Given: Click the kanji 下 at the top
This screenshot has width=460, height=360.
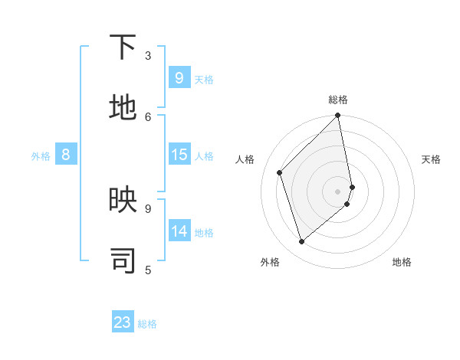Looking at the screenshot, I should tap(123, 48).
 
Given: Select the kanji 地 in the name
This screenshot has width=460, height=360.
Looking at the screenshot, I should tap(123, 109).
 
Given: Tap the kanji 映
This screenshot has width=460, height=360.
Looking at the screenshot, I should tap(123, 201).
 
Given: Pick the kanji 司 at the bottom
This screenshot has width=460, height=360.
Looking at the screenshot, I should tap(123, 261).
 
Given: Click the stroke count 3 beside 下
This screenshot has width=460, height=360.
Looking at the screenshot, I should tap(148, 55).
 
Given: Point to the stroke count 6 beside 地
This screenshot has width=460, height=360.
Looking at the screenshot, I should tap(148, 116).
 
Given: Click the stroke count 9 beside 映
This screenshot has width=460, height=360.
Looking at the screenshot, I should tap(148, 208).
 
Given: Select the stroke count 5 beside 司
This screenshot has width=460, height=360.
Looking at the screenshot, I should tap(148, 269).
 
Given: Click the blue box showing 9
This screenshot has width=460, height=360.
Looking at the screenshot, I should tap(179, 78).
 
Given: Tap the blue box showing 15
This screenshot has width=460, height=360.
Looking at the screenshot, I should tap(179, 155).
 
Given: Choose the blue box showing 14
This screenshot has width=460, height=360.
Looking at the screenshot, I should tap(179, 231).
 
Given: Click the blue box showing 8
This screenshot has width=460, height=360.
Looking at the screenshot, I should tap(66, 155).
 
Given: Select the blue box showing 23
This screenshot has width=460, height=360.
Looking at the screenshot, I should tap(123, 322).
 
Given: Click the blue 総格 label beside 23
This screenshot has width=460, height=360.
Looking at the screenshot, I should tap(147, 324).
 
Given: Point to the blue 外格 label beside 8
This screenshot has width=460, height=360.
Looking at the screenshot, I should tap(41, 156).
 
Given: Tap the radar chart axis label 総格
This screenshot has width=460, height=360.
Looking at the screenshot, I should tap(338, 100).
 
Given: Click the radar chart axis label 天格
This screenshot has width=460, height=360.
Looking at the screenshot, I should tap(431, 159).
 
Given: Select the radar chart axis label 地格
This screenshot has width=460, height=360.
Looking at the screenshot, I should tap(402, 262).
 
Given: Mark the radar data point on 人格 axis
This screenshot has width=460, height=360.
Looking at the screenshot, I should tap(280, 172).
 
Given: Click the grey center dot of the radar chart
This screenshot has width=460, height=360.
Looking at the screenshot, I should tap(338, 191).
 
